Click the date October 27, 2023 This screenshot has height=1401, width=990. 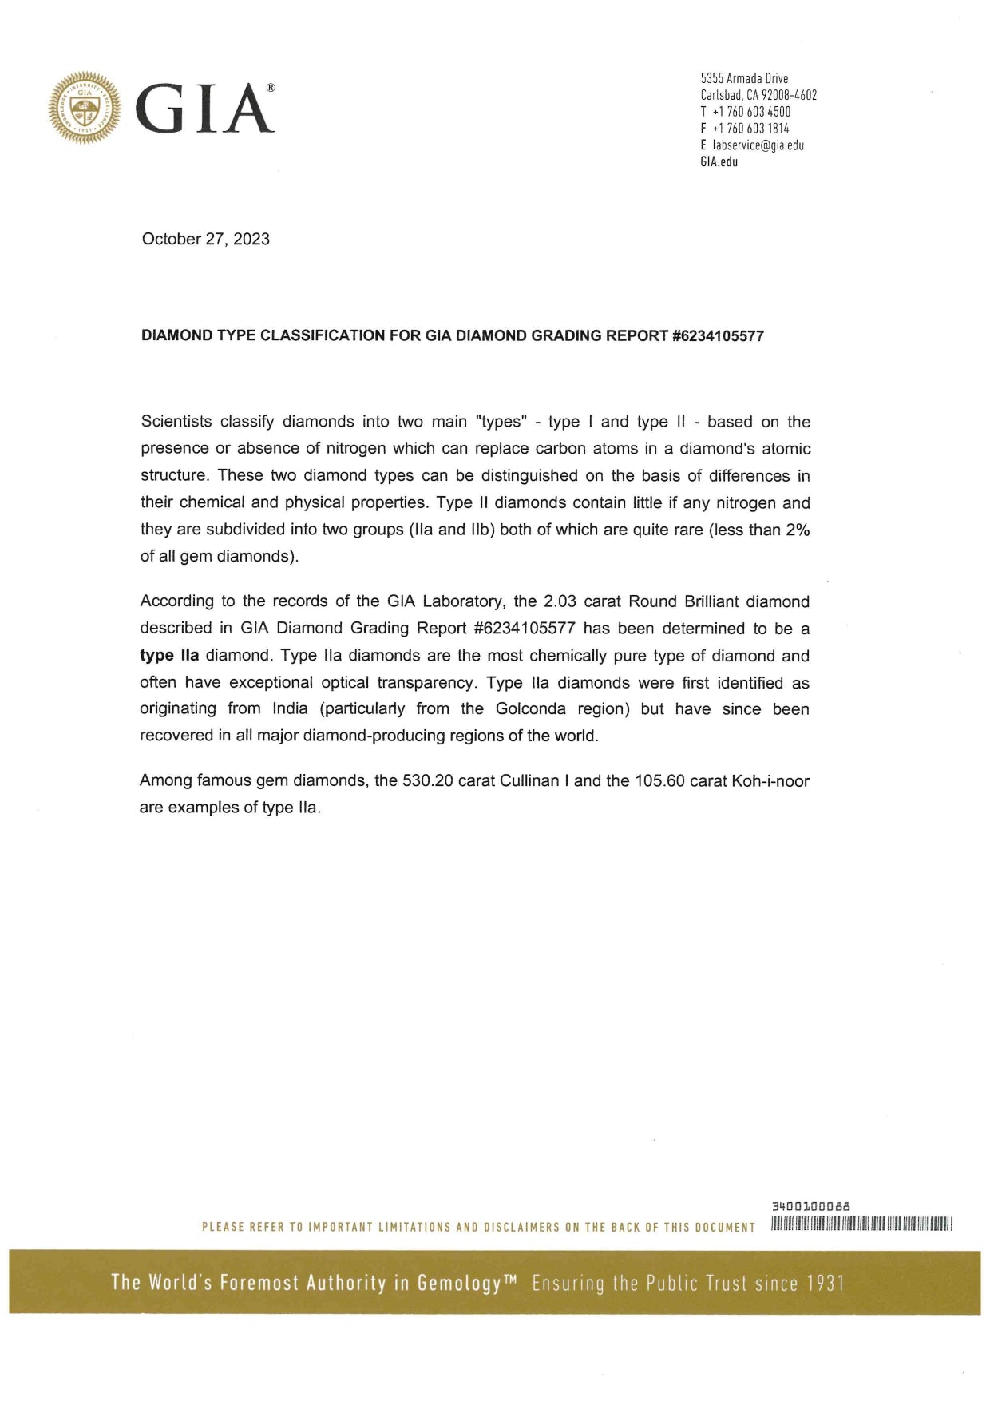tap(205, 239)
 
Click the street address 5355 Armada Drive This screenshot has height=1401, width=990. tap(744, 78)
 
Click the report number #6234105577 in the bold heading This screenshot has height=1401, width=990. tap(718, 336)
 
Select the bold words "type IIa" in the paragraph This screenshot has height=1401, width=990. tap(169, 656)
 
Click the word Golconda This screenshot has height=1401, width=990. tap(530, 709)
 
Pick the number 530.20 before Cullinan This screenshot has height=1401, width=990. tap(427, 781)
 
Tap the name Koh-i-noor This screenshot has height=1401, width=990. tap(770, 781)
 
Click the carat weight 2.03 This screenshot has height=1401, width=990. tap(560, 602)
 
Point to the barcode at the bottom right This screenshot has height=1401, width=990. tap(862, 1224)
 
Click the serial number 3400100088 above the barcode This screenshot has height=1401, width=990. tap(811, 1206)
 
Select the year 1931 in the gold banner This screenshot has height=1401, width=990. tap(826, 1284)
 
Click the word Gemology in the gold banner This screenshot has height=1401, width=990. tap(458, 1284)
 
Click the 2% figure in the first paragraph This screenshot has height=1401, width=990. tap(798, 530)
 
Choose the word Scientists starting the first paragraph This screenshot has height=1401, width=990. tap(176, 422)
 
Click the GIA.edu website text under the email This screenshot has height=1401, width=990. tap(719, 162)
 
